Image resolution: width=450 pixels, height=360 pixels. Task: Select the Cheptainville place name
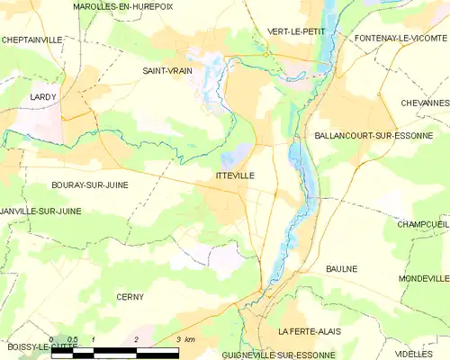point(32,40)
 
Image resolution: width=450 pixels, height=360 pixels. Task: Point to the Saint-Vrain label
point(167,70)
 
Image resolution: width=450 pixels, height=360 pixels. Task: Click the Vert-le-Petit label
point(296,31)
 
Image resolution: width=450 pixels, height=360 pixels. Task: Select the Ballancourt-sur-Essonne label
point(373,136)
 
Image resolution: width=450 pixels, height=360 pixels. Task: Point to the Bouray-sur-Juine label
point(90,184)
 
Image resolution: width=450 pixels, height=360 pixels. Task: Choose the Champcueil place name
point(422,223)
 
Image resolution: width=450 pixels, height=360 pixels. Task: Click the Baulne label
point(341,268)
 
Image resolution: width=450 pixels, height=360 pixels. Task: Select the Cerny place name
point(130,296)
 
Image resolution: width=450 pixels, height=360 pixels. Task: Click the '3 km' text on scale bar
point(185,339)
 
